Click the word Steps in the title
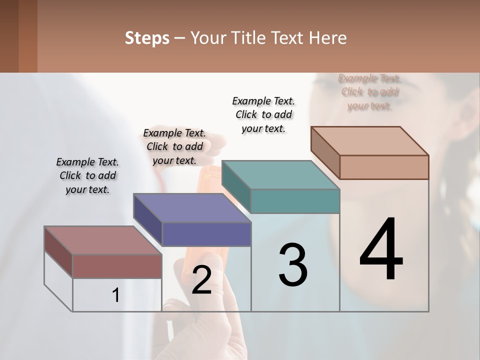[147, 38]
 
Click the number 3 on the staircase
[293, 265]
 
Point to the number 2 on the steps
[201, 279]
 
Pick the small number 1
[116, 295]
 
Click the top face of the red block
[102, 240]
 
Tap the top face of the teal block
[280, 175]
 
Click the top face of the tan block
[369, 141]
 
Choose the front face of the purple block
[206, 234]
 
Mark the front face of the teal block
[295, 201]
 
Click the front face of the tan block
[384, 167]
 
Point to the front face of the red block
[117, 266]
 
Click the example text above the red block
[87, 175]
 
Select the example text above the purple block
[174, 146]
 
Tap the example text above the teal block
[263, 114]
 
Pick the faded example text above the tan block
[369, 92]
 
